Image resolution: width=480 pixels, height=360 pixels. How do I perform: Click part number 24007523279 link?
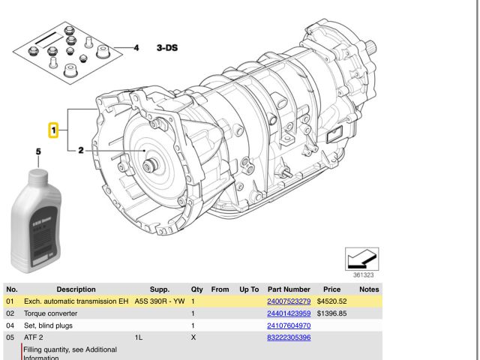point(289,301)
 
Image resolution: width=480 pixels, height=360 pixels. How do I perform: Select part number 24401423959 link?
point(289,313)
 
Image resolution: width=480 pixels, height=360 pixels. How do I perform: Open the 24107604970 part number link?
point(289,325)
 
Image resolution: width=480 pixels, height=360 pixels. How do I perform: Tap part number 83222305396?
point(289,338)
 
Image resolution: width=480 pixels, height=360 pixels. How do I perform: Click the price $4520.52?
point(331,301)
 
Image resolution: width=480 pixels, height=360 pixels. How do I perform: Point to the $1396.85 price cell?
point(331,313)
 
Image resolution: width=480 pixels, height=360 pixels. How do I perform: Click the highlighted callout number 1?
point(53,130)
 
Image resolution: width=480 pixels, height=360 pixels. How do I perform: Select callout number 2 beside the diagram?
point(80,151)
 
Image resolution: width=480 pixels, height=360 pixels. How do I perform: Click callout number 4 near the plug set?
point(136,48)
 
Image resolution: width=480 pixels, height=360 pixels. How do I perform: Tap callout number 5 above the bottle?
point(38,153)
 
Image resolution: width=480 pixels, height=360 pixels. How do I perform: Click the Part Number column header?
point(289,289)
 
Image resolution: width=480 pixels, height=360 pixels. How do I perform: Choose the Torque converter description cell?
point(52,313)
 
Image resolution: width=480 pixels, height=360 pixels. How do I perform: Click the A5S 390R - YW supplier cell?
point(159,301)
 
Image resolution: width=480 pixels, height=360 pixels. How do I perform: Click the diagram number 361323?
point(364,275)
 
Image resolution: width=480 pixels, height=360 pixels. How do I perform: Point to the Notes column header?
point(369,289)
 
